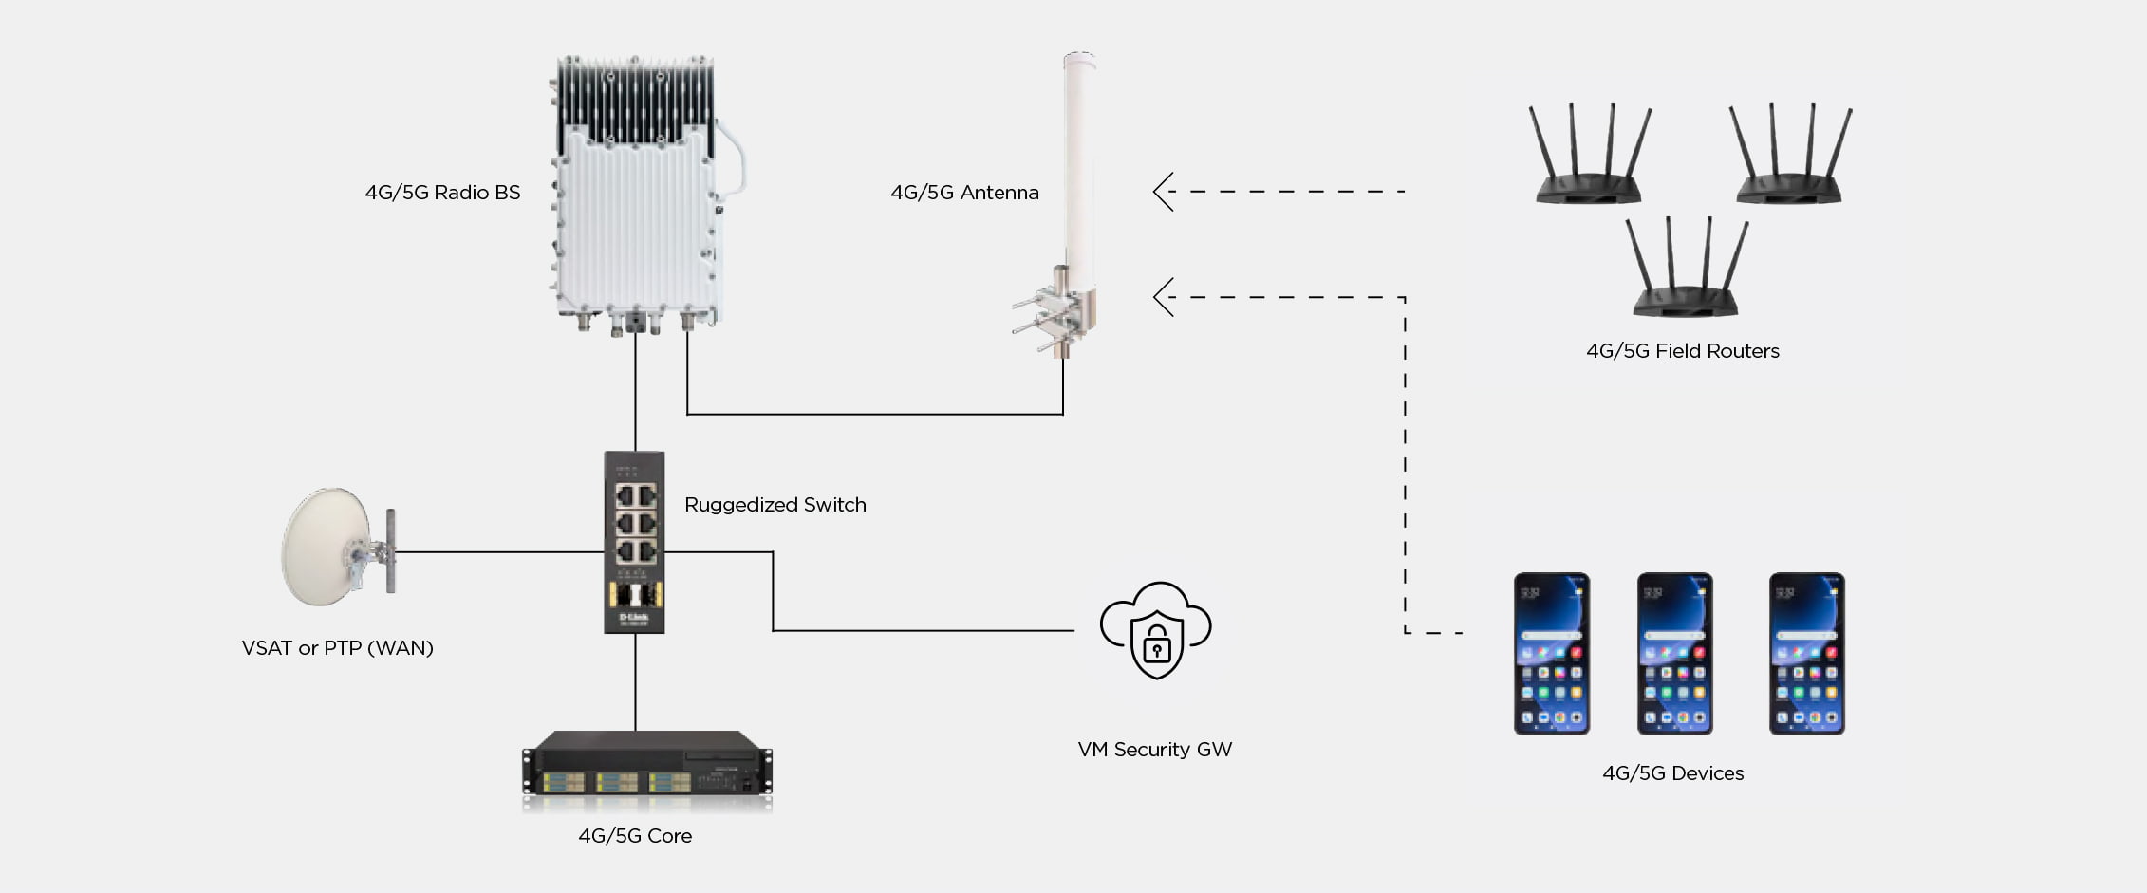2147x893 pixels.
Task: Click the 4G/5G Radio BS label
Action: click(x=442, y=193)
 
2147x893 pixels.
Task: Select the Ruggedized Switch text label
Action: click(x=775, y=505)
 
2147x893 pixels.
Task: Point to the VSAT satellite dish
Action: click(x=327, y=547)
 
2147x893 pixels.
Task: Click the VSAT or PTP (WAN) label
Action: click(x=337, y=648)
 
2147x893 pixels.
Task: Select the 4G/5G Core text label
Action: click(x=635, y=836)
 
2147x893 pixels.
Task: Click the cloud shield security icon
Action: click(x=1155, y=630)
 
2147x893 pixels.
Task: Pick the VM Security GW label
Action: click(x=1154, y=750)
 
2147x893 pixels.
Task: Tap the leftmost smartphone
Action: click(x=1551, y=653)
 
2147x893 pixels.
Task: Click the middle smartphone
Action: click(x=1674, y=653)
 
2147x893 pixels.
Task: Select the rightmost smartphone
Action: click(x=1806, y=653)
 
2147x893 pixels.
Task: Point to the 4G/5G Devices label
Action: click(x=1672, y=773)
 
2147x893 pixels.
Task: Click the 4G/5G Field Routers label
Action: click(x=1682, y=351)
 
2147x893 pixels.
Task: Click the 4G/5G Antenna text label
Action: click(x=964, y=193)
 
